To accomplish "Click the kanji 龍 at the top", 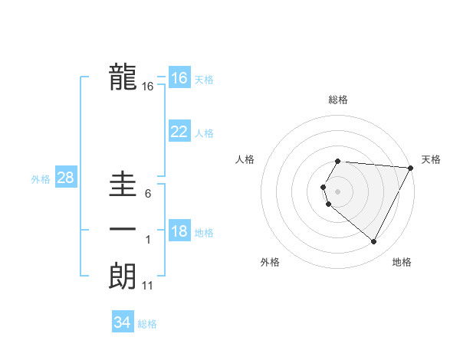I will pyautogui.click(x=123, y=77).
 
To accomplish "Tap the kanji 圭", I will pyautogui.click(x=123, y=184).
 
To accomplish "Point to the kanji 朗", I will pyautogui.click(x=123, y=277).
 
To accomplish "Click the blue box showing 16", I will pyautogui.click(x=179, y=78).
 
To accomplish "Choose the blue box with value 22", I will pyautogui.click(x=179, y=132).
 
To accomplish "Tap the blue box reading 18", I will pyautogui.click(x=179, y=232).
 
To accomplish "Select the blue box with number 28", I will pyautogui.click(x=65, y=178).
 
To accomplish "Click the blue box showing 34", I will pyautogui.click(x=122, y=322).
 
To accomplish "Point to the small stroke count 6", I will pyautogui.click(x=148, y=194).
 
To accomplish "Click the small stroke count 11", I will pyautogui.click(x=148, y=286).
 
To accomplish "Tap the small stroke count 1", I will pyautogui.click(x=148, y=241).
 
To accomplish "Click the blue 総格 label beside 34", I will pyautogui.click(x=147, y=324).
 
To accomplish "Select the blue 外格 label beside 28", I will pyautogui.click(x=41, y=179).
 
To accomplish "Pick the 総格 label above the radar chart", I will pyautogui.click(x=337, y=100).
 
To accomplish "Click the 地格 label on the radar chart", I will pyautogui.click(x=402, y=262).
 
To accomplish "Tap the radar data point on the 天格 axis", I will pyautogui.click(x=410, y=168).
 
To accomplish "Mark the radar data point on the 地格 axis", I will pyautogui.click(x=374, y=241).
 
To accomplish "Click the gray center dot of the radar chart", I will pyautogui.click(x=337, y=191).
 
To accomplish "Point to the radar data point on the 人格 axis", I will pyautogui.click(x=324, y=187).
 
